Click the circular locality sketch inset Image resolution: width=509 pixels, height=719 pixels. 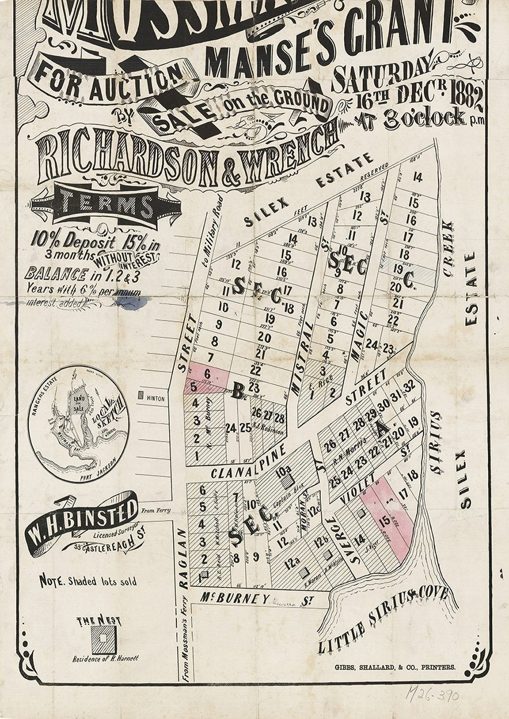pyautogui.click(x=79, y=424)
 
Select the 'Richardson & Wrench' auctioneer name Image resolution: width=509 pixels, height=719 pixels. pyautogui.click(x=186, y=153)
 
